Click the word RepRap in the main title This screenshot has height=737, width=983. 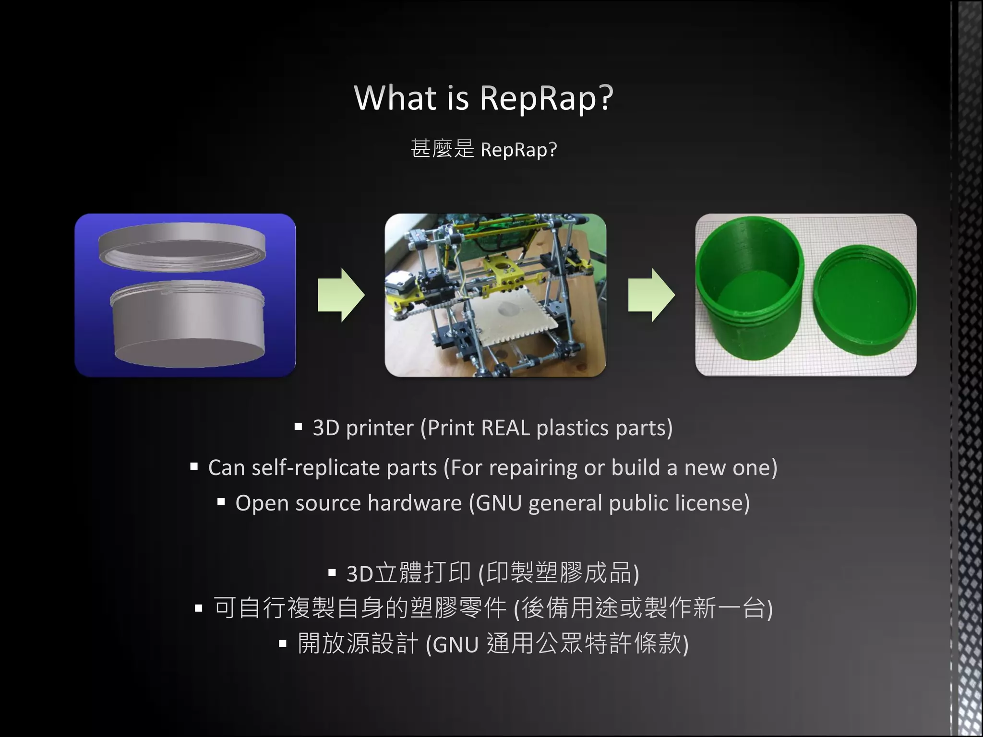coord(546,98)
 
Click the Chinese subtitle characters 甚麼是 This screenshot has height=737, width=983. coord(442,149)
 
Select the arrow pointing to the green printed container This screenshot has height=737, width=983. coord(651,295)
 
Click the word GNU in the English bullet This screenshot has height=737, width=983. coord(499,503)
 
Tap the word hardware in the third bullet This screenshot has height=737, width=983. coord(415,503)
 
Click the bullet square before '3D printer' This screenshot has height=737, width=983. coord(298,426)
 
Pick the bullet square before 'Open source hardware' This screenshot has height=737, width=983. coord(221,502)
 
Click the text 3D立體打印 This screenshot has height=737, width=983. coord(408,573)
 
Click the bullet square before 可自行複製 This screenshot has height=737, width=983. coord(199,608)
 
